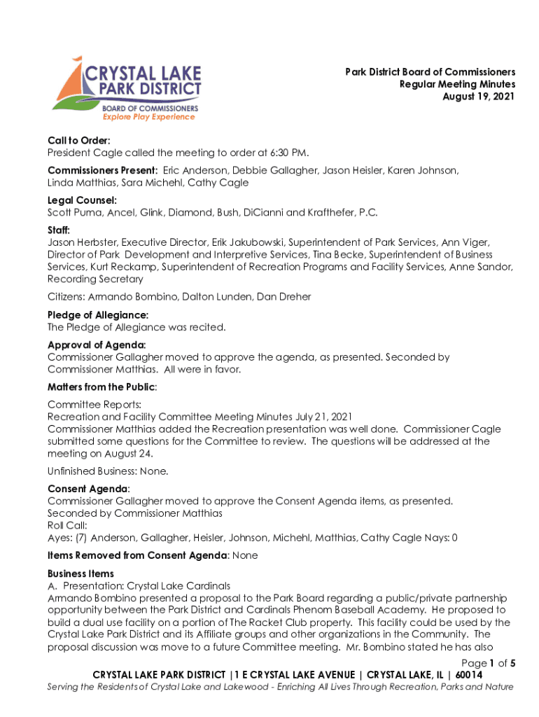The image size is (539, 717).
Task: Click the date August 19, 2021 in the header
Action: click(x=479, y=97)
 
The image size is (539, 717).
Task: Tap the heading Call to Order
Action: click(x=78, y=140)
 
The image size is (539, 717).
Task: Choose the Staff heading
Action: click(x=59, y=230)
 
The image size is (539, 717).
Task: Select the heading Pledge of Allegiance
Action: click(x=97, y=315)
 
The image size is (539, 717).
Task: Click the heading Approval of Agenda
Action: click(x=97, y=344)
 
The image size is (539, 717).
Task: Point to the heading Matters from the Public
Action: click(x=101, y=387)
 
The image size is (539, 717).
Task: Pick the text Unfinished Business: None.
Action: click(x=108, y=471)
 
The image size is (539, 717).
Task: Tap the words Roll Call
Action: click(x=68, y=525)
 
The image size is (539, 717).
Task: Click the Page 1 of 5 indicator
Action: click(x=489, y=663)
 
